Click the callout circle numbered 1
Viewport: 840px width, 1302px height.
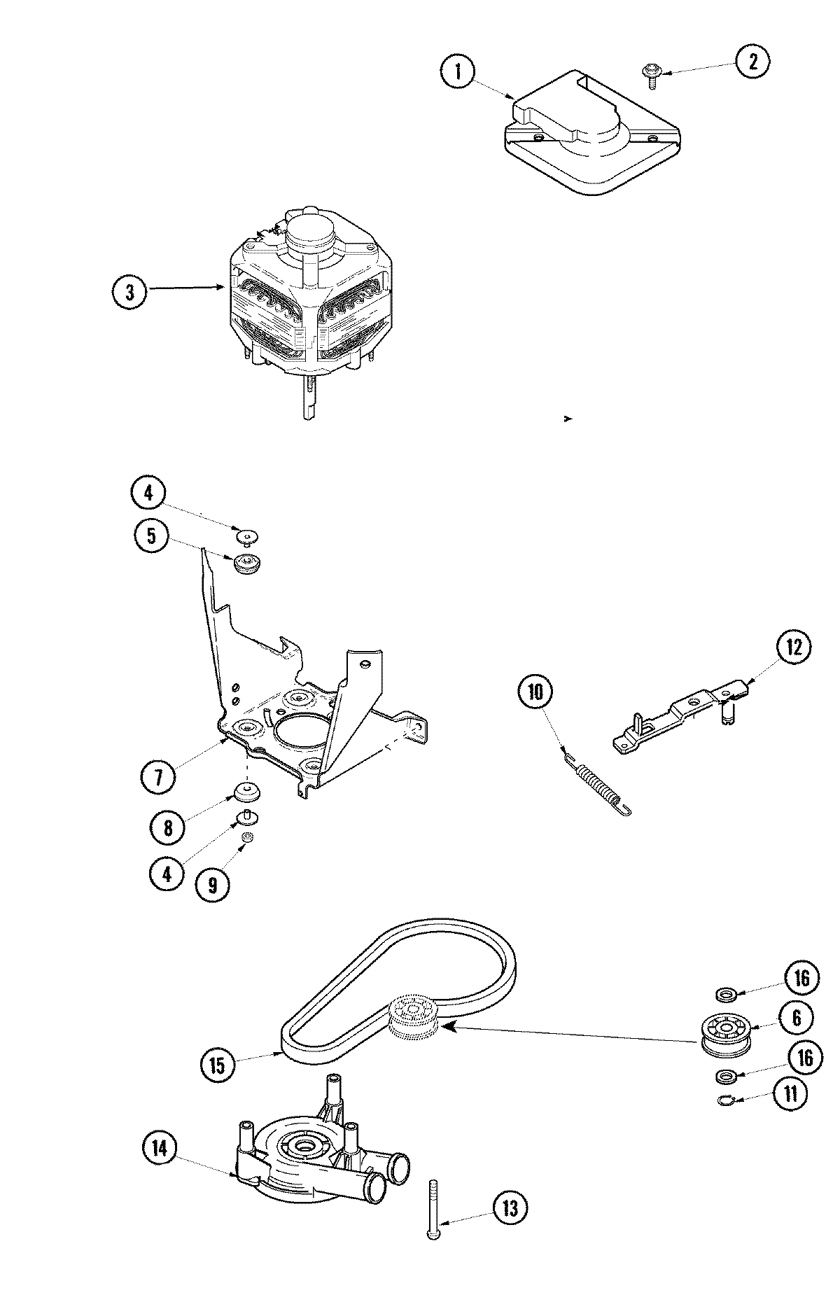[458, 73]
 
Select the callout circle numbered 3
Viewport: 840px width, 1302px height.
[129, 292]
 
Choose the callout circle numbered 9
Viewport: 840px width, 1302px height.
[212, 883]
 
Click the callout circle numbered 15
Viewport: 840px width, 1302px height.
[216, 1065]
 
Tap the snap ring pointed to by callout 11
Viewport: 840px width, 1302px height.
[726, 1102]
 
